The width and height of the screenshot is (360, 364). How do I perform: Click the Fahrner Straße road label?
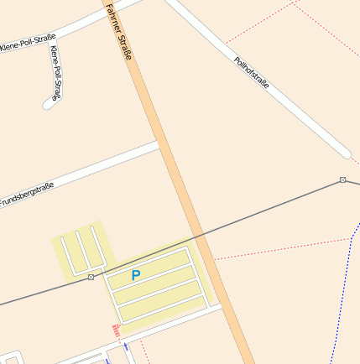[119, 31]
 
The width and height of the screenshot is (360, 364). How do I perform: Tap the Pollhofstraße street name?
[251, 74]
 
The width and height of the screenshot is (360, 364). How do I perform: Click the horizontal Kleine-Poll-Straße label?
[28, 42]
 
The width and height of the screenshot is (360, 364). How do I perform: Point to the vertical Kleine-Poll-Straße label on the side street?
[55, 73]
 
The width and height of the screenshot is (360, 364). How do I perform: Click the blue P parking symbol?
[136, 274]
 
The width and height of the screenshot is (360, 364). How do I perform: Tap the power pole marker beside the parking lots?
[91, 277]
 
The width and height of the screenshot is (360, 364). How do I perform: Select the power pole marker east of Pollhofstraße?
[342, 180]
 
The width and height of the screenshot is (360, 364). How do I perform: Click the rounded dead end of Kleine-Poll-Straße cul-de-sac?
[48, 105]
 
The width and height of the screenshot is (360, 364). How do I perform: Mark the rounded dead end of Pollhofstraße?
[345, 153]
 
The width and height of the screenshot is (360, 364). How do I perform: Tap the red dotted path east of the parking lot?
[277, 249]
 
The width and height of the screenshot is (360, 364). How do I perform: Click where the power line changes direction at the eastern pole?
[342, 180]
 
